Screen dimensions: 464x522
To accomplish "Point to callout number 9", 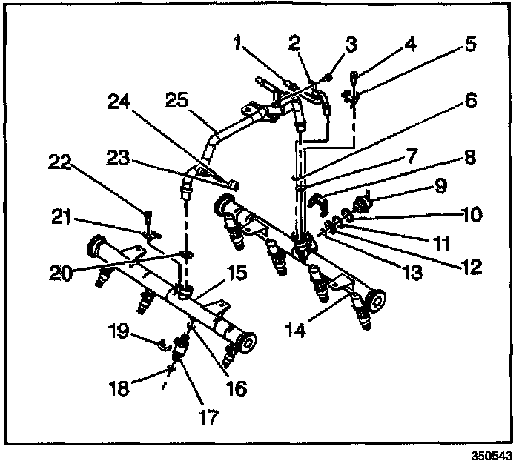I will click(x=441, y=185).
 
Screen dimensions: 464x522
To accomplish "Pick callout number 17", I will click(x=209, y=417).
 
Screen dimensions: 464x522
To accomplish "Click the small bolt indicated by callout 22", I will click(x=148, y=216).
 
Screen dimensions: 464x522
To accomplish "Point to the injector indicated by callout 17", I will click(x=179, y=348).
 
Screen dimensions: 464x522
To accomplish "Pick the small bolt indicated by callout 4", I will click(x=354, y=75).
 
